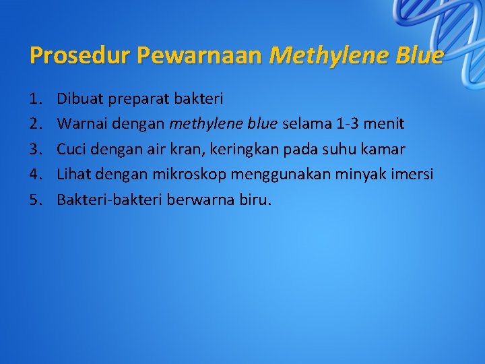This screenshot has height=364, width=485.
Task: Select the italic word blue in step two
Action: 261,124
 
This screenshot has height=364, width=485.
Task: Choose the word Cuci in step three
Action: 70,149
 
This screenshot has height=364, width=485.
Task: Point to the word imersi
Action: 414,174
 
